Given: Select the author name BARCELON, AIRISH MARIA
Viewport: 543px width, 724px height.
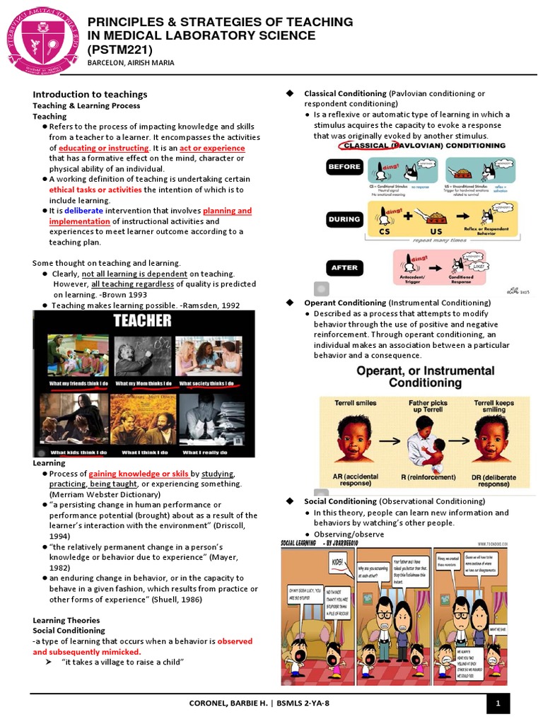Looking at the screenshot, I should coord(131,63).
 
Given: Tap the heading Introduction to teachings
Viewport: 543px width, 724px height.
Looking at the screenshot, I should coord(90,94).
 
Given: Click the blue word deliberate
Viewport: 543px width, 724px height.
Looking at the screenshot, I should coord(83,211).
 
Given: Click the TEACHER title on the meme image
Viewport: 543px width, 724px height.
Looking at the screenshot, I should coord(144,320).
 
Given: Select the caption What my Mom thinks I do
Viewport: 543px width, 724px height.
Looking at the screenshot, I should coord(144,383).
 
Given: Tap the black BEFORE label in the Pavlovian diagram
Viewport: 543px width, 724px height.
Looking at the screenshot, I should coord(344,167).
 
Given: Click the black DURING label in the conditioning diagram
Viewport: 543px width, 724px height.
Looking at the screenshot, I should coord(344,219).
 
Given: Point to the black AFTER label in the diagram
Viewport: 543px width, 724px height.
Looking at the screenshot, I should coord(344,268).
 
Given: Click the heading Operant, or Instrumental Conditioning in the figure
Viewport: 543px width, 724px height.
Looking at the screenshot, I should coord(424,377).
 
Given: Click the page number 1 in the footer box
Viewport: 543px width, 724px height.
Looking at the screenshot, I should coord(498,703).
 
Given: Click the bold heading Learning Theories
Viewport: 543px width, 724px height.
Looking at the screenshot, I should coord(66,620).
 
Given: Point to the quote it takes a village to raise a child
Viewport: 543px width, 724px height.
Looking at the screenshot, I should coord(123,662).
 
